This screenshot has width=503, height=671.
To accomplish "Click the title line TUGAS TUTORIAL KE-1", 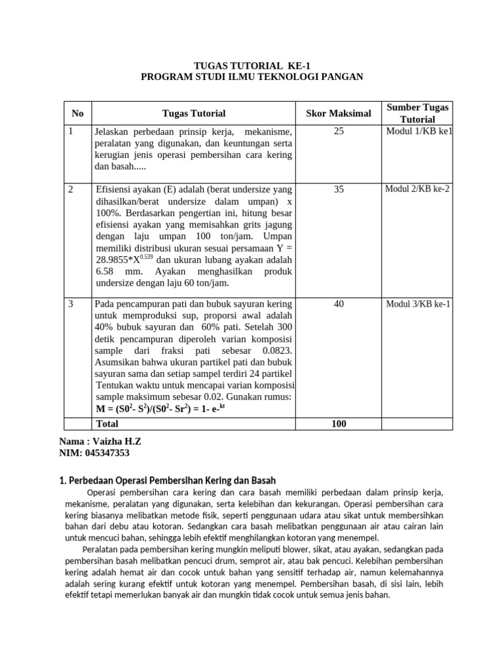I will [x=252, y=66].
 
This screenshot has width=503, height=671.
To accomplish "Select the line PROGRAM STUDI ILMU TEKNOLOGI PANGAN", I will [x=252, y=77].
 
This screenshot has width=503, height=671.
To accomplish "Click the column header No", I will [x=77, y=113].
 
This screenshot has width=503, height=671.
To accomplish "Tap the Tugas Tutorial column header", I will [x=193, y=113].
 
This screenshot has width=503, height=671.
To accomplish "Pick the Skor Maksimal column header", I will [x=339, y=113].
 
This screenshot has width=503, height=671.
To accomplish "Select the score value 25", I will [x=339, y=132].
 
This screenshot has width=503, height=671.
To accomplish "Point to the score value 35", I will [x=339, y=189].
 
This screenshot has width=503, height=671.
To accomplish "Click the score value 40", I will [x=339, y=304].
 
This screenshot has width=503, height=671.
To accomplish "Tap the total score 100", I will [x=339, y=424].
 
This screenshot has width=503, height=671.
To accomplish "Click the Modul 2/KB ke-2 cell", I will [x=417, y=189].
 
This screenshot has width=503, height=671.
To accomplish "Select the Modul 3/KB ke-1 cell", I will [x=418, y=304].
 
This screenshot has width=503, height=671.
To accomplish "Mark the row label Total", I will [x=108, y=424].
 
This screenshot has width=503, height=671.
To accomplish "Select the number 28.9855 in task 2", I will [x=114, y=259].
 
